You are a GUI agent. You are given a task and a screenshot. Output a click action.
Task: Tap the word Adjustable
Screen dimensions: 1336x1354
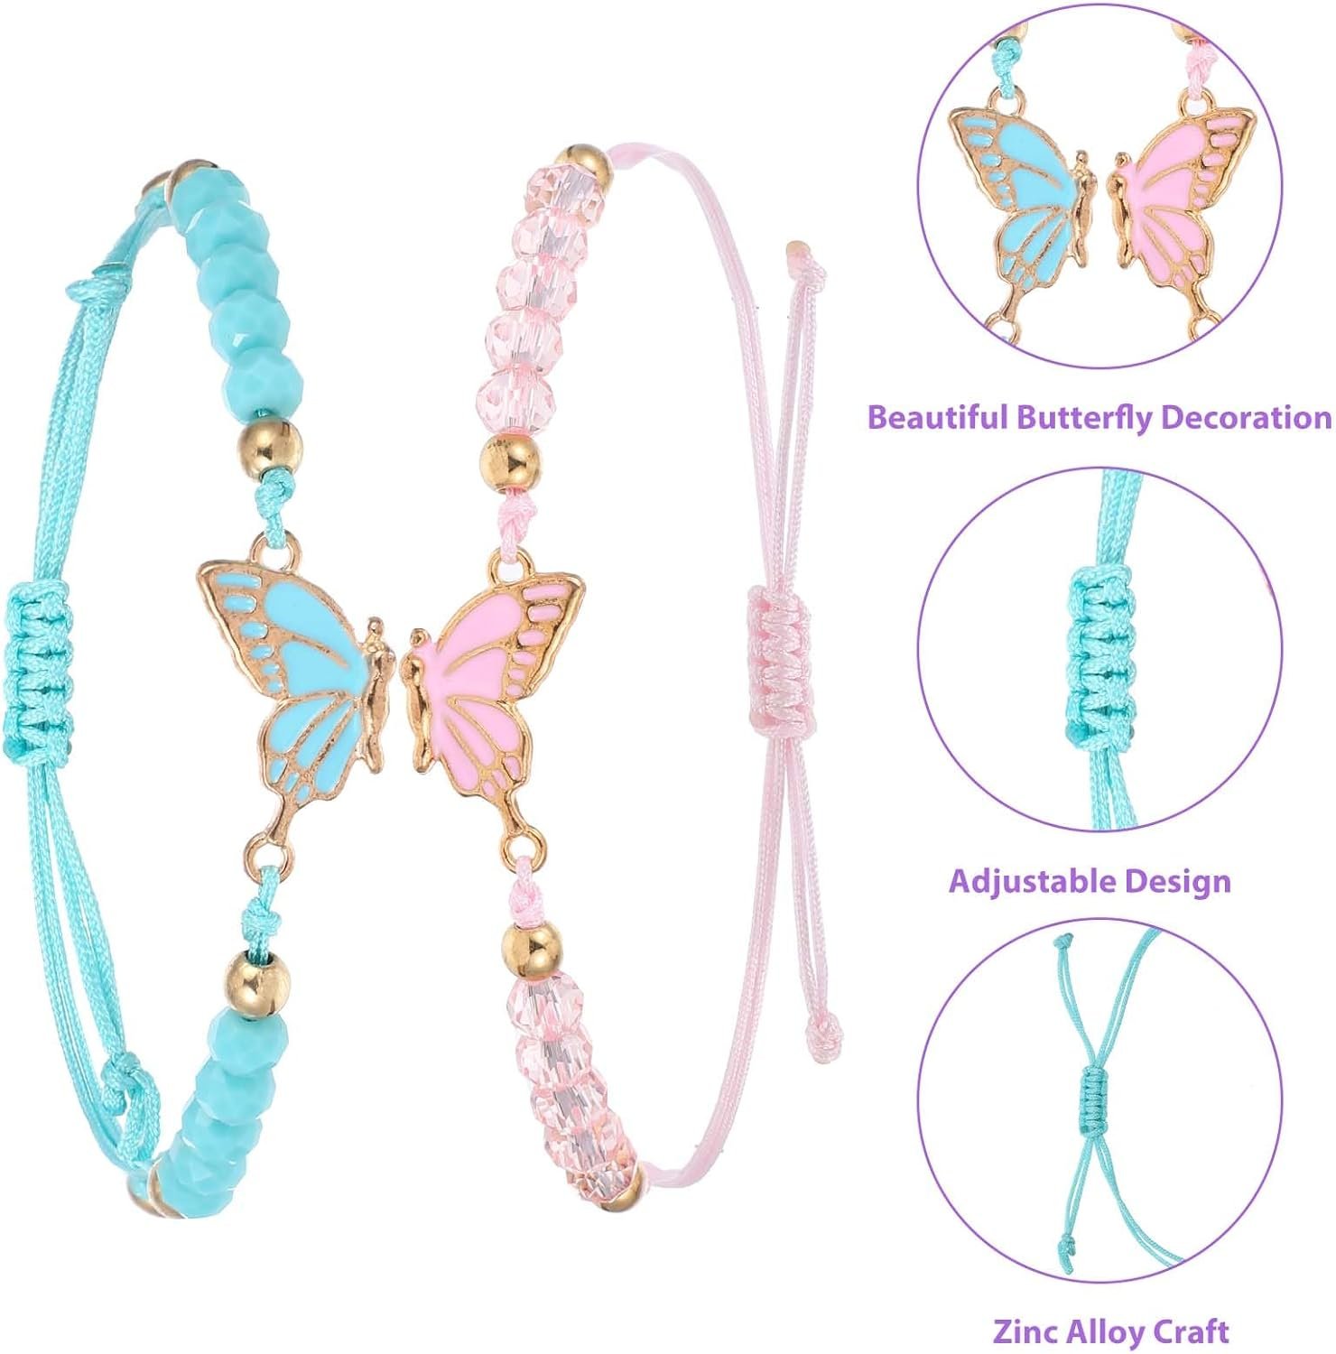(x=1031, y=881)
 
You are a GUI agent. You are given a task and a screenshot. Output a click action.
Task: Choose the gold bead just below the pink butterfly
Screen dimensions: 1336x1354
(x=531, y=953)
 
